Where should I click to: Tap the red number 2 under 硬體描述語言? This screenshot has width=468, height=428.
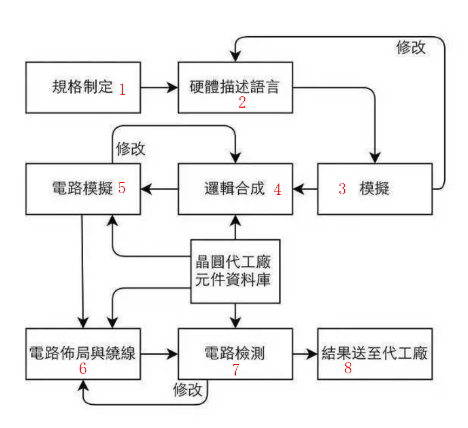(x=242, y=102)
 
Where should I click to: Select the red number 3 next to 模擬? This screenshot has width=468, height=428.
(x=342, y=189)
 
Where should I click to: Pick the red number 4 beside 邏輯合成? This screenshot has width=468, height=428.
(x=277, y=189)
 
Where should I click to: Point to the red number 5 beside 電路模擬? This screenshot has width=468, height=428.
(x=122, y=188)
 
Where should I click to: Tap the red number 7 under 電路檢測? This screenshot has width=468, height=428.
(x=235, y=370)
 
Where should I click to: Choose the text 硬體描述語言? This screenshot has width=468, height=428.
(x=235, y=87)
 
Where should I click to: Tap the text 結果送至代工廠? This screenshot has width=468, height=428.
(x=375, y=354)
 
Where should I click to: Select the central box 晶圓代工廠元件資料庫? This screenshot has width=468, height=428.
(x=236, y=271)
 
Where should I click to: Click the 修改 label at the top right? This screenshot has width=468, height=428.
(x=411, y=48)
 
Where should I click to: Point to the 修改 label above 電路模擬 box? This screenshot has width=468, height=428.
(x=131, y=149)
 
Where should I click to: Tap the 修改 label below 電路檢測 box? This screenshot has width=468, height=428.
(x=188, y=390)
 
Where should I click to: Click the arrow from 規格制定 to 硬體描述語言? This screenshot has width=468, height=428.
(x=160, y=87)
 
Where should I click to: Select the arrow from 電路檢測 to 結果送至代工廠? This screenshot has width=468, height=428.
(x=305, y=354)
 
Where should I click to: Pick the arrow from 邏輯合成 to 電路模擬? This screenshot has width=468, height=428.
(x=160, y=189)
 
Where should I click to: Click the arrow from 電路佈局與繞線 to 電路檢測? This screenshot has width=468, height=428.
(x=160, y=354)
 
